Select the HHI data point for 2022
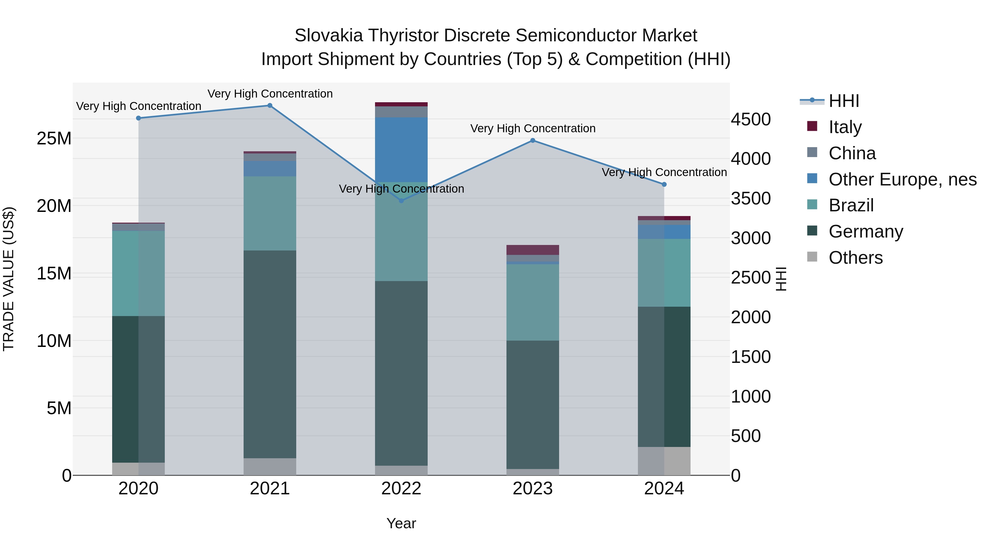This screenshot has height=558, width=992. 401,201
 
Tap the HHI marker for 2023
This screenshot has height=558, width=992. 533,141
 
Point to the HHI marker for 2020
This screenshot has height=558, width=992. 139,118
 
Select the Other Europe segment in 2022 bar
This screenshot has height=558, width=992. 401,149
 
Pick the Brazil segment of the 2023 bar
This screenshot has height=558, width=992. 533,302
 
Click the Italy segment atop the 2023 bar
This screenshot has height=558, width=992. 533,250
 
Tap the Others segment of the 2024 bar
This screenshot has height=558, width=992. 664,461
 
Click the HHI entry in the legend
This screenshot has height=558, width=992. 843,101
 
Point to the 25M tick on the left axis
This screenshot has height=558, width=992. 54,138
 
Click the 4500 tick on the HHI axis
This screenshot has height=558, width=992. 751,119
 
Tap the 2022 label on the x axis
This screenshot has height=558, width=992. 401,489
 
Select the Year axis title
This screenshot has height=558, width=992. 401,523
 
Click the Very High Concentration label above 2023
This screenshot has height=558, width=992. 533,128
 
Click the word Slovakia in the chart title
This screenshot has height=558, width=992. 328,36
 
